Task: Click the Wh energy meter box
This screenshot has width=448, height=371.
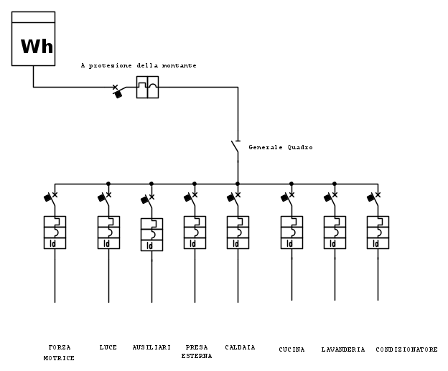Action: [33, 40]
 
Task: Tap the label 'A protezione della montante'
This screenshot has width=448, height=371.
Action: [139, 65]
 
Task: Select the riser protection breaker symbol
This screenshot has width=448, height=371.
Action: [147, 87]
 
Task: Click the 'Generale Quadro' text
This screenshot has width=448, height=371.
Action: [281, 147]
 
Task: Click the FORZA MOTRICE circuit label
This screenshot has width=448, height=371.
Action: [55, 352]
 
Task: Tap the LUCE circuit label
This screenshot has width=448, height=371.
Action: [108, 348]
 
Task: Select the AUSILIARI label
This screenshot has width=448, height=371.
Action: [151, 348]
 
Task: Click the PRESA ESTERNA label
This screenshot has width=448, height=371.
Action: [196, 352]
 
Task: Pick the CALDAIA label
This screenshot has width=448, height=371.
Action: [240, 348]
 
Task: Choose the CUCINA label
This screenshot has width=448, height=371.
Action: [291, 349]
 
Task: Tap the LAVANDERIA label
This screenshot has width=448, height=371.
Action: [343, 349]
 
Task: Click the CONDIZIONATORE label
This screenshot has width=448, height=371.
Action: [406, 349]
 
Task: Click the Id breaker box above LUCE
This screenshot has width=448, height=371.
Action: [108, 233]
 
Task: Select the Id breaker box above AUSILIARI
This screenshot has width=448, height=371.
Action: [151, 235]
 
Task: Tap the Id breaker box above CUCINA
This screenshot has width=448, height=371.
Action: [291, 233]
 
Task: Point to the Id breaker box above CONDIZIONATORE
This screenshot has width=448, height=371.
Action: [378, 233]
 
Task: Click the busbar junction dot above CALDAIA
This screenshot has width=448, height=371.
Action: [238, 184]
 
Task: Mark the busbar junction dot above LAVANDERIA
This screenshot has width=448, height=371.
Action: [335, 184]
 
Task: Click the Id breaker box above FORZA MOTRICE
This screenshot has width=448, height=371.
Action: [55, 233]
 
